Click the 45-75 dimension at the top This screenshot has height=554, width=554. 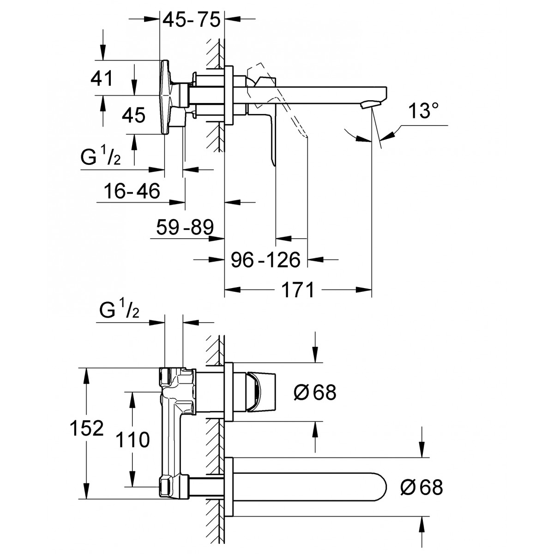(192, 19)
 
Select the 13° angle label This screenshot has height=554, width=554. (423, 111)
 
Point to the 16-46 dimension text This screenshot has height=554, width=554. (132, 191)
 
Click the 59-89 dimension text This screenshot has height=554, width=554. (185, 227)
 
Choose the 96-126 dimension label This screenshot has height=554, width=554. (266, 260)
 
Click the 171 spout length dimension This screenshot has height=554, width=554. (298, 290)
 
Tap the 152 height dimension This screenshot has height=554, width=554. (87, 428)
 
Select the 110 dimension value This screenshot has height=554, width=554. (132, 440)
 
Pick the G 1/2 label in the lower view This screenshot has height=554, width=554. (120, 309)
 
